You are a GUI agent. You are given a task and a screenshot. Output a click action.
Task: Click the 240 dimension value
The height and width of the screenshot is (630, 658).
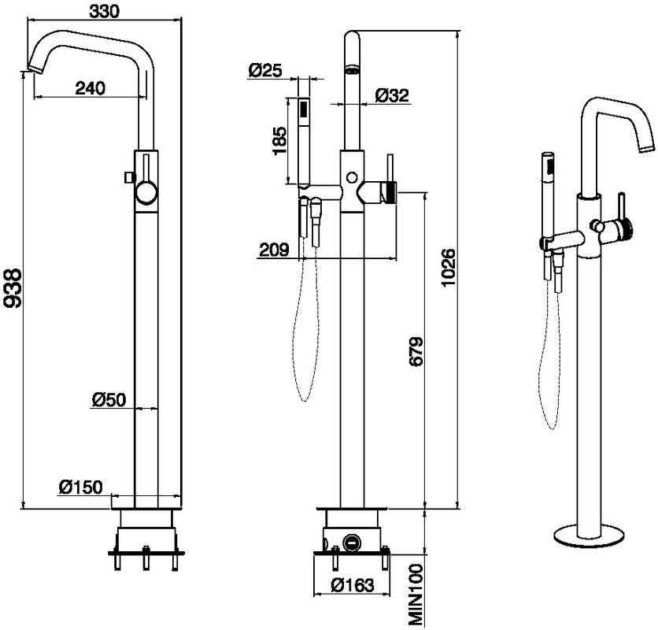click(91, 88)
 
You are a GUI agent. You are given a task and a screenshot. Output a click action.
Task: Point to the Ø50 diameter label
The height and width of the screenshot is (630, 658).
click(109, 399)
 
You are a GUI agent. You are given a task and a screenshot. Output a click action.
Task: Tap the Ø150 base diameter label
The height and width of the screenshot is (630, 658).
click(80, 487)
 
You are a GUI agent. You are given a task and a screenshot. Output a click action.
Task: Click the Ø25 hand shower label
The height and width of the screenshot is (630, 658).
click(264, 70)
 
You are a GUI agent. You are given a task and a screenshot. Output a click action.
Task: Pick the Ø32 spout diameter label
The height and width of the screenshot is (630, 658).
click(392, 95)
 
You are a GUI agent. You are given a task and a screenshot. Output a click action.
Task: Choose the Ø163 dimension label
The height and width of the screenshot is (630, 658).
click(351, 586)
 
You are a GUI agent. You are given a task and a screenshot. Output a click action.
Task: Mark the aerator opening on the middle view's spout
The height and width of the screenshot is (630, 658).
click(352, 71)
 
